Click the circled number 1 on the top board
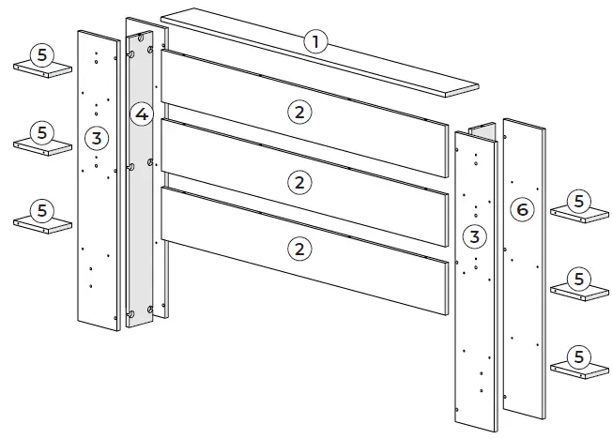pyautogui.click(x=315, y=41)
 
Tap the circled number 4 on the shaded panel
pyautogui.click(x=141, y=115)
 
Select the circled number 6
pyautogui.click(x=523, y=210)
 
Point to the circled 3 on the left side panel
pyautogui.click(x=95, y=139)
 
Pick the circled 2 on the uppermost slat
pyautogui.click(x=298, y=112)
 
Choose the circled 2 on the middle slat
pyautogui.click(x=298, y=182)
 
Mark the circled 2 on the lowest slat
pyautogui.click(x=298, y=249)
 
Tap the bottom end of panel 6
pyautogui.click(x=524, y=413)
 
